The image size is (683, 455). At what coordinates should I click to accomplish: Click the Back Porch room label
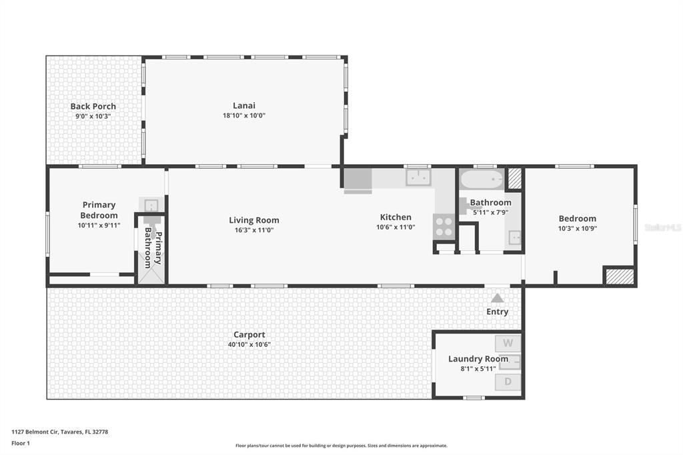tap(93, 106)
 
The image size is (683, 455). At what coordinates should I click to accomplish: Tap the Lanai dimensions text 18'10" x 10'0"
tap(244, 115)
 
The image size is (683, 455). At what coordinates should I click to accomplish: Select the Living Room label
tap(254, 220)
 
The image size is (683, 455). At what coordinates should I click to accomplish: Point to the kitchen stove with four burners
tap(444, 227)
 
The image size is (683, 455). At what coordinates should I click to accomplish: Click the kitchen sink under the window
tap(418, 177)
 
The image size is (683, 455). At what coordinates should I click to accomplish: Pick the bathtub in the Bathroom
tap(482, 179)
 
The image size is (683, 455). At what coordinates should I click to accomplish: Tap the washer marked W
tap(508, 344)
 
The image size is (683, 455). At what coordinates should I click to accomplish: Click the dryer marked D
tap(508, 382)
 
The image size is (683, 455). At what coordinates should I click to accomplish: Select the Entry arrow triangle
tap(498, 298)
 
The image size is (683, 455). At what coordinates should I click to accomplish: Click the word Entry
tap(498, 312)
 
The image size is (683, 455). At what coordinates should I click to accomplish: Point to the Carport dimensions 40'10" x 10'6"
tap(249, 345)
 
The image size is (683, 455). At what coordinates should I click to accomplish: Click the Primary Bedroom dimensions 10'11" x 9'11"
tap(99, 225)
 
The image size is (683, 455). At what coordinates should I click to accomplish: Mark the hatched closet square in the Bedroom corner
tap(619, 276)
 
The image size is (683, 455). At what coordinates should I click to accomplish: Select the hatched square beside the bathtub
tap(514, 179)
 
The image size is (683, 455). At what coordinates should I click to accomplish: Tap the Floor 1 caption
tap(21, 443)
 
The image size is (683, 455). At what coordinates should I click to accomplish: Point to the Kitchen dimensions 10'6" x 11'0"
tap(396, 227)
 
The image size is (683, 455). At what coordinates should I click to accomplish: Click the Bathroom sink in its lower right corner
tap(514, 238)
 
